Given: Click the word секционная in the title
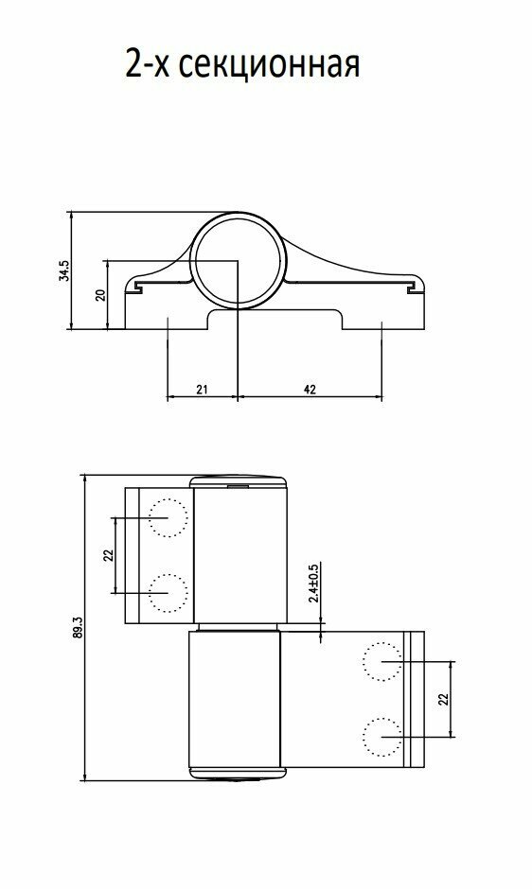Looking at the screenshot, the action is coord(269,65).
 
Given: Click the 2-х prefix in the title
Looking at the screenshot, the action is coord(148,63).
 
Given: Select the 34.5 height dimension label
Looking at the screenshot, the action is coord(63,270).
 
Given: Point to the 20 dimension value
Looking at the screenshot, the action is coord(100,295).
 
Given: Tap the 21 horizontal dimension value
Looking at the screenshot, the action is coord(202,390).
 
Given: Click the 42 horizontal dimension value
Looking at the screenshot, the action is coord(310,390).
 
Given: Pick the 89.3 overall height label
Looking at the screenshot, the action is coord(79,628).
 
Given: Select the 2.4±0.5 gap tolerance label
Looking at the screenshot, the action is coord(312,583).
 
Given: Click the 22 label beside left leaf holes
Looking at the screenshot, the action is coord(109,555).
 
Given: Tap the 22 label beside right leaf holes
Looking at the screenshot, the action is coord(444,699).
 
